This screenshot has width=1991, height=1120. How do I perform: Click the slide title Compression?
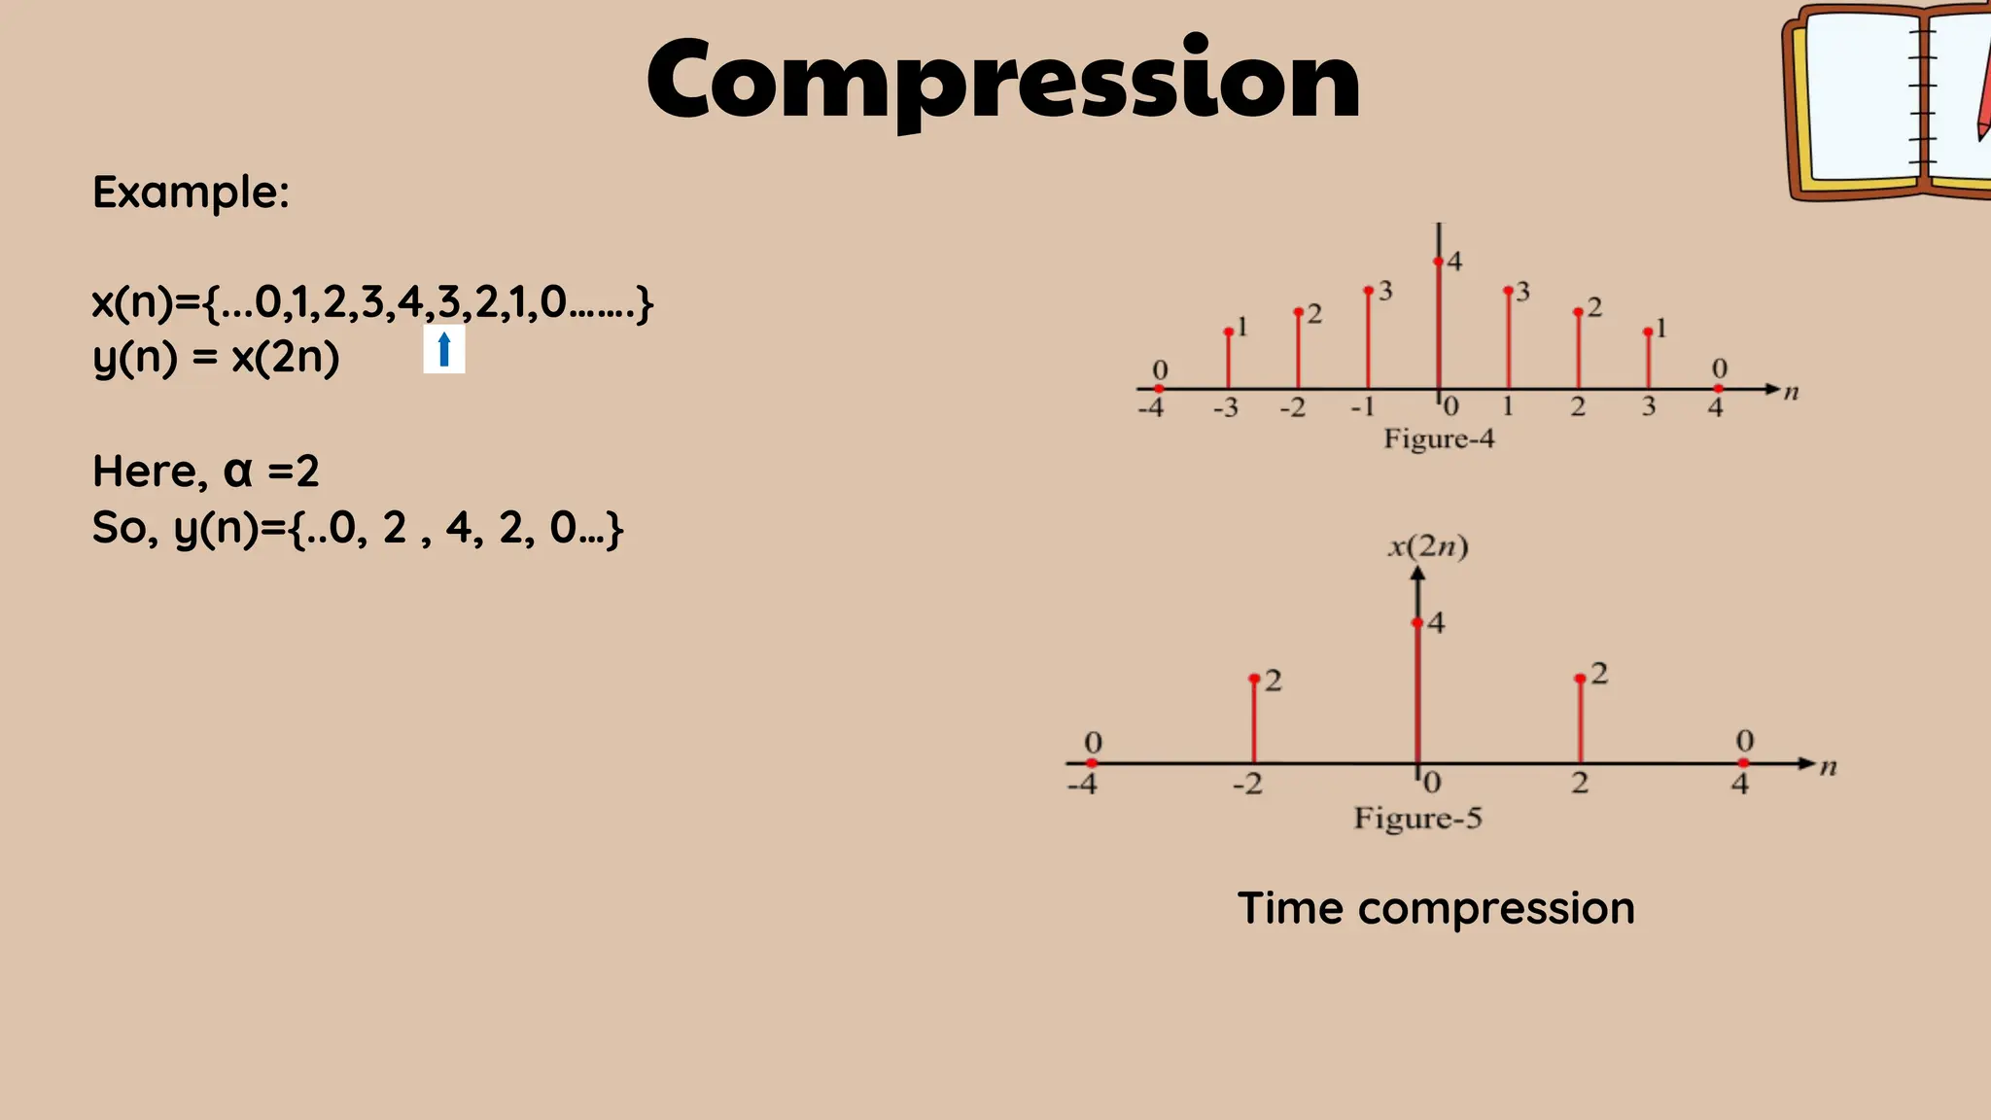tap(1003, 80)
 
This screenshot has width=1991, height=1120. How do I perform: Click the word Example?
tap(191, 192)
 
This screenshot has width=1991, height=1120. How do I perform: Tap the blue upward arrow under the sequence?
tap(444, 349)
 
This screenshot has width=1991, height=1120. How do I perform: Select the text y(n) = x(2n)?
tap(216, 358)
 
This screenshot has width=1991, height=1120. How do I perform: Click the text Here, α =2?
tap(205, 472)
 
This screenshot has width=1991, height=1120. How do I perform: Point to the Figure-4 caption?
tap(1439, 438)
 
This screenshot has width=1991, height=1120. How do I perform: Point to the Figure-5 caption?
tap(1417, 818)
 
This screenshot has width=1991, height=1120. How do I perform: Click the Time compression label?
tap(1435, 908)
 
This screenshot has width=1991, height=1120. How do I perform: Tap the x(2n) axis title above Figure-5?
tap(1427, 546)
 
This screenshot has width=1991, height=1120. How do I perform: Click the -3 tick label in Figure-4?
tap(1226, 407)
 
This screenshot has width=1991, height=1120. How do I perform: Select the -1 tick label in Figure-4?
tap(1363, 406)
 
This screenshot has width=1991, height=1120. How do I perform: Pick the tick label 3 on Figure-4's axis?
tap(1649, 406)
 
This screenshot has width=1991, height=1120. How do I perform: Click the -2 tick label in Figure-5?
tap(1247, 784)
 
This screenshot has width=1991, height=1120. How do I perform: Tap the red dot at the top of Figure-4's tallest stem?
tap(1438, 262)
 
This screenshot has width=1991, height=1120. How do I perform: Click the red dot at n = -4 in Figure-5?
tap(1092, 763)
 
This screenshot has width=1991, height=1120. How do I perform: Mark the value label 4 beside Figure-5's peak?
tap(1436, 622)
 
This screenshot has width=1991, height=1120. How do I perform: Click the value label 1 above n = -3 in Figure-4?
tap(1241, 327)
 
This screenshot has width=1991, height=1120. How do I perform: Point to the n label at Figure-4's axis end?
tap(1791, 393)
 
